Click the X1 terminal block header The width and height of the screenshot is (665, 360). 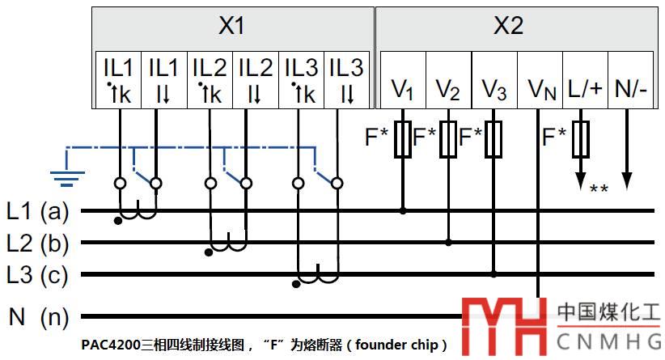pos(231,26)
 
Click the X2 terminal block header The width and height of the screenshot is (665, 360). pos(509,26)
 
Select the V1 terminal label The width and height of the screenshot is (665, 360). pos(402,89)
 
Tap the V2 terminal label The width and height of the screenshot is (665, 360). pos(447,89)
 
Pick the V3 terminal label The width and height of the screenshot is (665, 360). pos(493,89)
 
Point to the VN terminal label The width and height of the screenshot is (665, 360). pos(541,89)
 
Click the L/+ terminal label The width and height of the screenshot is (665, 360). pos(585,87)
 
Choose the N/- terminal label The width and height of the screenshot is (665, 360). pos(631,87)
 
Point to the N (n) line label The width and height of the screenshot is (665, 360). pos(39,316)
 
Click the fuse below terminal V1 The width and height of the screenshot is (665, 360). pos(403,141)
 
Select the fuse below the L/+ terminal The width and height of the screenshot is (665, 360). pos(580,141)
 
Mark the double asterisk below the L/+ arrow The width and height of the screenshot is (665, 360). pos(599,190)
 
